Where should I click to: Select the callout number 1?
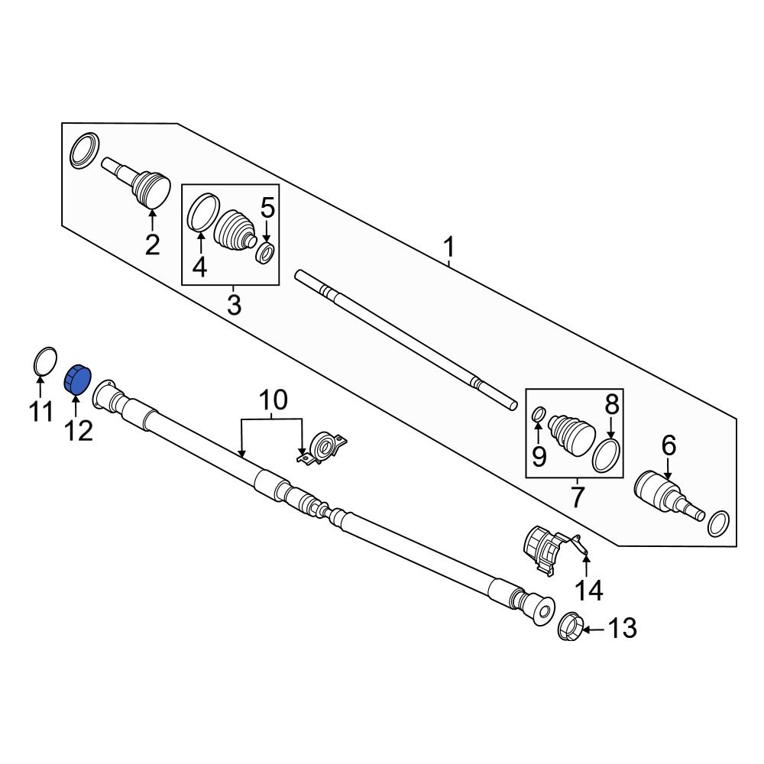point(449,248)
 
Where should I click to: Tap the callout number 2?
point(152,245)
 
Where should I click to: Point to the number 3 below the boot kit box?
point(234,305)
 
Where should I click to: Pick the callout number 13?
point(623,629)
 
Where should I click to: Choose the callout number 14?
point(589,590)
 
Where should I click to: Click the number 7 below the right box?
point(577,498)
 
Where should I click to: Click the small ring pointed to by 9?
point(539,415)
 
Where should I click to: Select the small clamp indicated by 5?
point(265,252)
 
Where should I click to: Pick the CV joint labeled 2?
point(145,186)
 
